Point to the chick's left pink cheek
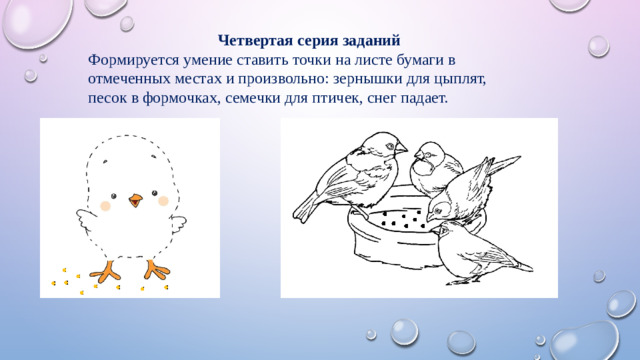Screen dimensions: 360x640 click(105, 205)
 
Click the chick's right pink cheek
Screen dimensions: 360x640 click(166, 205)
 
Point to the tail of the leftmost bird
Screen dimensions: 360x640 click(305, 210)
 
